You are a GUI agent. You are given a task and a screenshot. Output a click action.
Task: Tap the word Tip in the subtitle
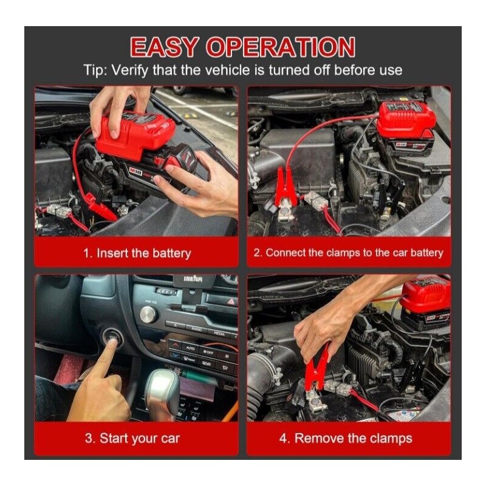(x=95, y=70)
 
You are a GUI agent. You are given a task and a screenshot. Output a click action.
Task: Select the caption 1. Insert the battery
(x=136, y=253)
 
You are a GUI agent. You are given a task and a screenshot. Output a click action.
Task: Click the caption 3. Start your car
(x=136, y=438)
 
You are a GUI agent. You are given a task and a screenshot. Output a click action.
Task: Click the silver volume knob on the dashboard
(x=148, y=313)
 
